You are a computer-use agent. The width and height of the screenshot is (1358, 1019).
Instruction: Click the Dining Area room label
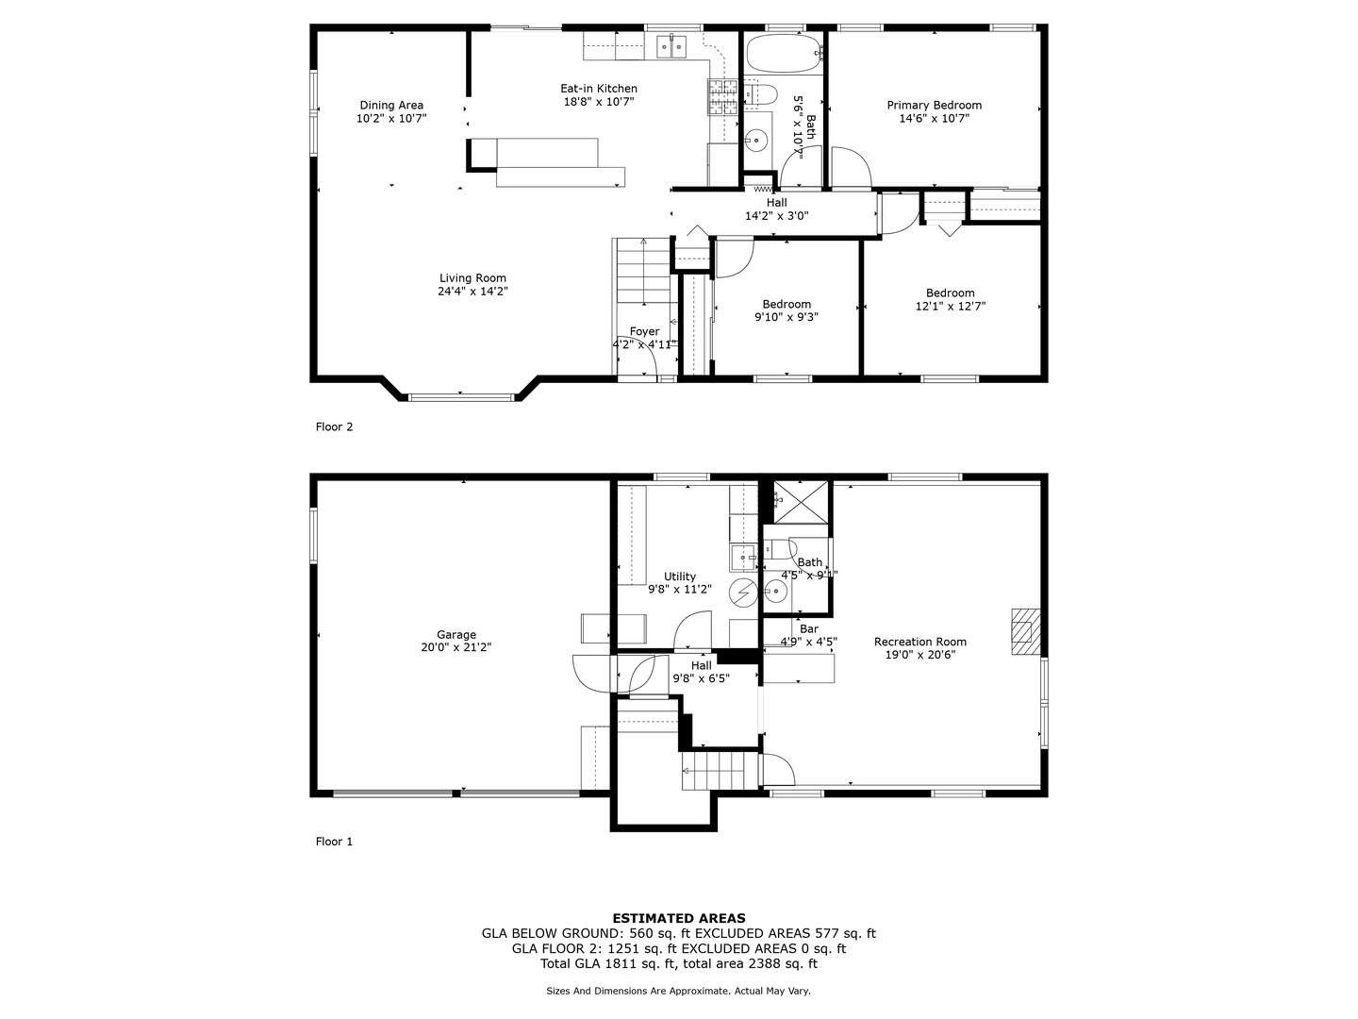391,106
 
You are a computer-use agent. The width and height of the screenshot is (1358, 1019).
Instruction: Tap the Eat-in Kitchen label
599,89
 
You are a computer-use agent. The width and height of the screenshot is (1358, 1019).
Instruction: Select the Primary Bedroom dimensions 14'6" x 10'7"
934,119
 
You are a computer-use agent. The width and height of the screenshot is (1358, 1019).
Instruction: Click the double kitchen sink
672,44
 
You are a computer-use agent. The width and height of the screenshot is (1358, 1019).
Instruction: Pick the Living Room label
472,278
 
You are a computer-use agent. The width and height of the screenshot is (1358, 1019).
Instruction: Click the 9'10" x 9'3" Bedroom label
787,305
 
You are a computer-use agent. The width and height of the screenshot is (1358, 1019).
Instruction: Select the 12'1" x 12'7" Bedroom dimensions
950,307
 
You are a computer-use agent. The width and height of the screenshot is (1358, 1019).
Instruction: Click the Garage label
456,635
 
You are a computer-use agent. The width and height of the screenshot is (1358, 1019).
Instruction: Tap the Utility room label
679,576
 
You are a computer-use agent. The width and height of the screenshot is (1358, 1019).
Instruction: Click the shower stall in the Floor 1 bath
801,502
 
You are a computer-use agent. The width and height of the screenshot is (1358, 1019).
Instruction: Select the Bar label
808,629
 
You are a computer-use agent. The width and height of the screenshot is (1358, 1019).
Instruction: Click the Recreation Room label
919,642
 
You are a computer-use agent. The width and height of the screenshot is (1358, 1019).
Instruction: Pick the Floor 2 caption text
334,426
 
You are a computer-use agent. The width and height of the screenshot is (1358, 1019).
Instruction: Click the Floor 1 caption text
334,842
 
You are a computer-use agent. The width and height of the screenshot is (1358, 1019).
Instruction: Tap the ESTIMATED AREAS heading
679,918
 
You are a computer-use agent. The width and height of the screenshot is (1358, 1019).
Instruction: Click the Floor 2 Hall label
776,203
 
